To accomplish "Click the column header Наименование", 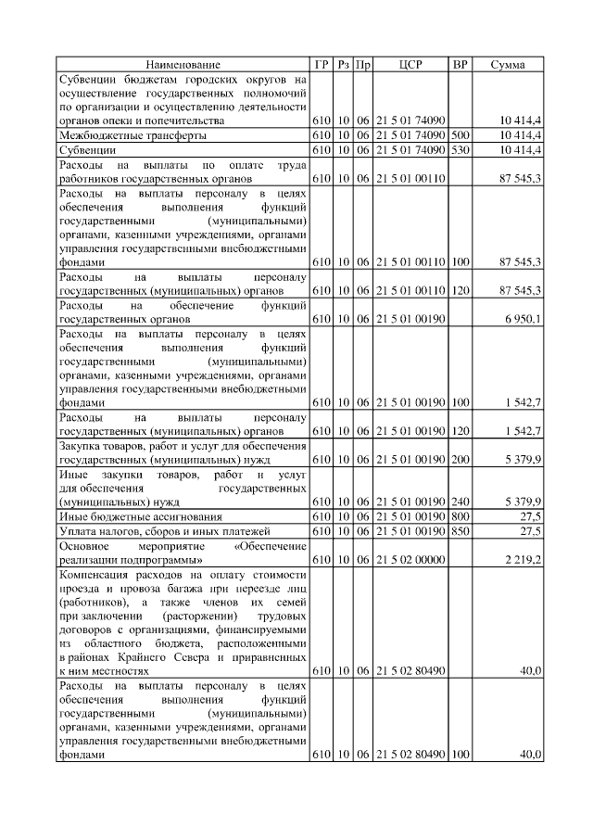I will coord(183,65).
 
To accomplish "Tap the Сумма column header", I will coord(508,65).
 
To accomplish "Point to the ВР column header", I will coord(460,65).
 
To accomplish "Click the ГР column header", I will coord(322,65).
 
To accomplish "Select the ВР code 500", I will coord(460,135).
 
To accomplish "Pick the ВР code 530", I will coord(460,149).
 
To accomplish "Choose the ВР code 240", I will coord(460,502).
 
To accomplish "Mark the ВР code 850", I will coord(460,530).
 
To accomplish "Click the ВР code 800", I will coord(460,515).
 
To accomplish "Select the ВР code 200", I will coord(460,460).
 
